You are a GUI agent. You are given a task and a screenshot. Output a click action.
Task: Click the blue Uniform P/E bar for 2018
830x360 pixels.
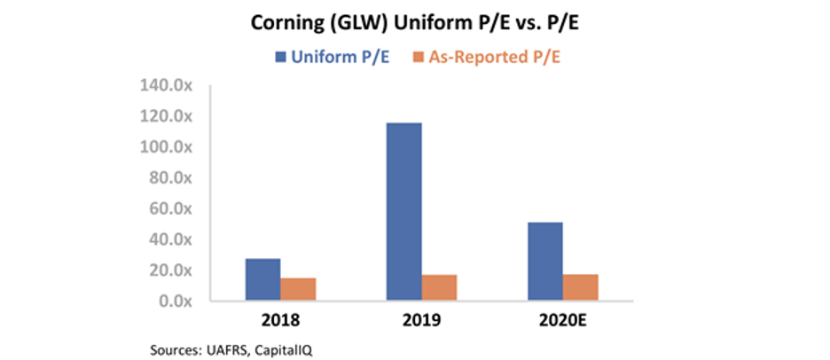(x=263, y=279)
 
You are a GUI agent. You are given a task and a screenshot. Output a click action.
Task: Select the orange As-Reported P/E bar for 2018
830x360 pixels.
(x=298, y=290)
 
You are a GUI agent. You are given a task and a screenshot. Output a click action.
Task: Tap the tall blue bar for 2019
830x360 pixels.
(x=404, y=212)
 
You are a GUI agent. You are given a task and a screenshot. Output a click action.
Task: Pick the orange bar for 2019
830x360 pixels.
(x=439, y=288)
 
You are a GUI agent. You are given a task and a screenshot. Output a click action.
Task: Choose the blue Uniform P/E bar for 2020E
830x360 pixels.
(x=545, y=262)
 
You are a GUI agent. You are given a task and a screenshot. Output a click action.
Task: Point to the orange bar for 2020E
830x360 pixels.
(x=581, y=287)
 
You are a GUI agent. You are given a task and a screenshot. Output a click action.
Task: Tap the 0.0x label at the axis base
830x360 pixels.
(x=179, y=301)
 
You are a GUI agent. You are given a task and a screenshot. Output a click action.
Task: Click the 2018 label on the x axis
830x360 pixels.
(x=280, y=321)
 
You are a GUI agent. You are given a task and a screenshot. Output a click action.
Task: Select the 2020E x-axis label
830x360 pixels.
(x=563, y=321)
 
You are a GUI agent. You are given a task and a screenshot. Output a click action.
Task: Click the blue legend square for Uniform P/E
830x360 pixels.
(x=280, y=57)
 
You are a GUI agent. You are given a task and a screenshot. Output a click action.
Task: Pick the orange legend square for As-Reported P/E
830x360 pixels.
(x=417, y=57)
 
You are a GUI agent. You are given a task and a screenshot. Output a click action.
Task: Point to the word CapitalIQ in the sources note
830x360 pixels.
(x=286, y=350)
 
